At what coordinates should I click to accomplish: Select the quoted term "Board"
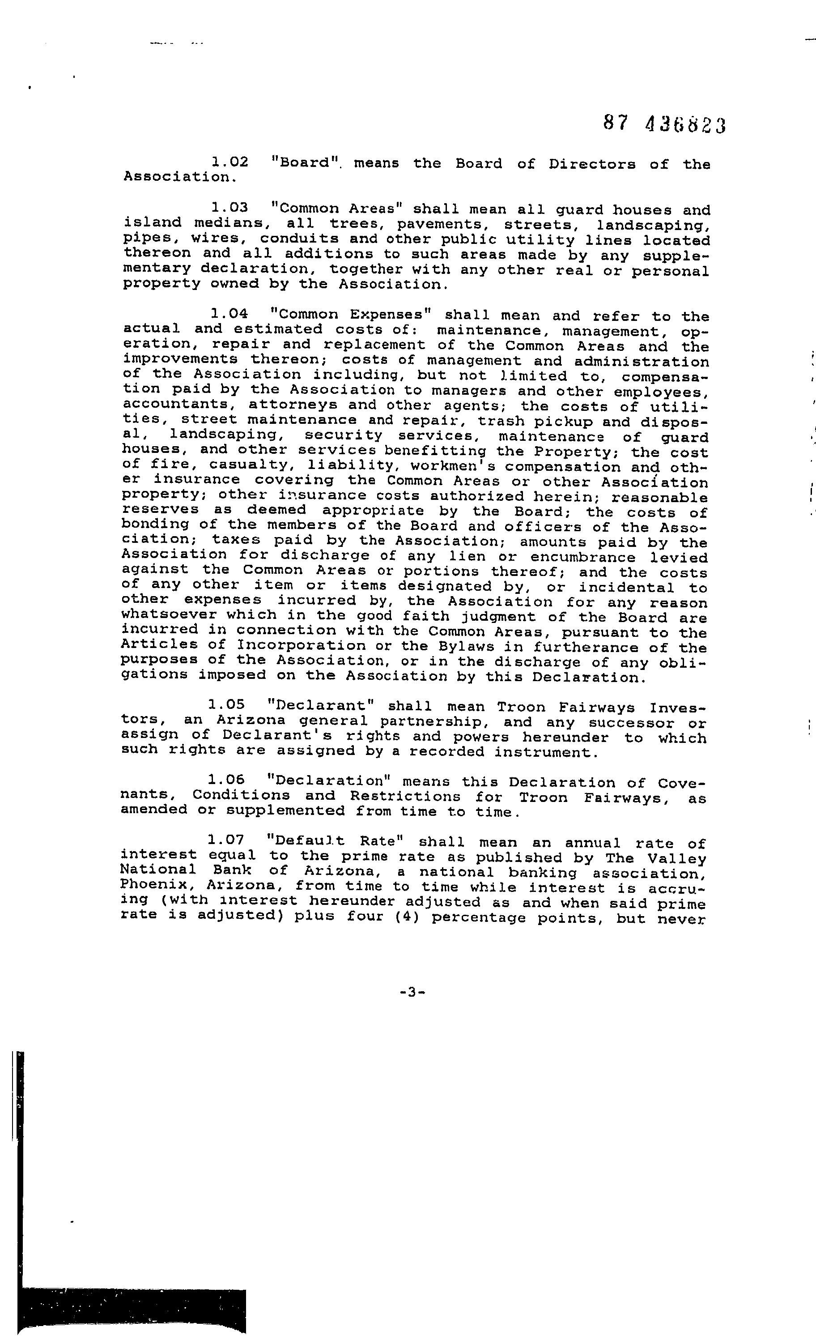point(304,162)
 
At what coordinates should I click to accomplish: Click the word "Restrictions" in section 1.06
point(405,797)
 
